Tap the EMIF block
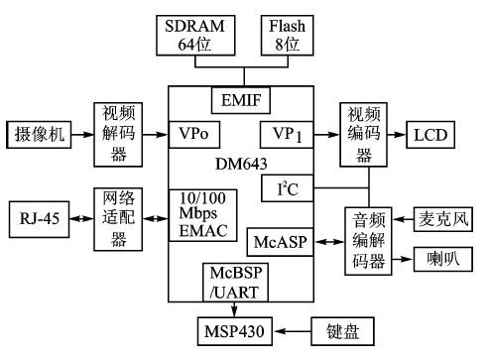click(x=241, y=99)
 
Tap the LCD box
click(x=429, y=133)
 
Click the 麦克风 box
click(x=439, y=216)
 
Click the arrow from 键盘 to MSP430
click(x=296, y=327)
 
